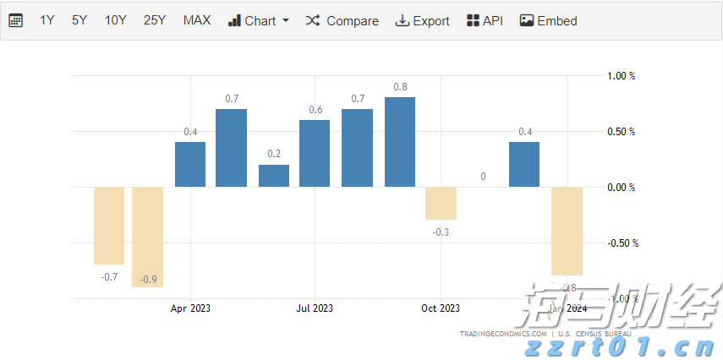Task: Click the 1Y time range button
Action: point(47,20)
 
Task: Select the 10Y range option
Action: point(116,20)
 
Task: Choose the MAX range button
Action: point(197,20)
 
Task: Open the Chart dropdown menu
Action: point(259,20)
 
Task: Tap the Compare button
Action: point(342,20)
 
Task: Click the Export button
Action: point(422,20)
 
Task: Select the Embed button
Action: point(548,20)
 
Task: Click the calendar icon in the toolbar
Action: point(16,20)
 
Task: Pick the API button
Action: point(485,20)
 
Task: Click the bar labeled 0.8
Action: point(400,142)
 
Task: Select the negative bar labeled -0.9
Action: point(147,237)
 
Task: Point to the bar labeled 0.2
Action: point(274,176)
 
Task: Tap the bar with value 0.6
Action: point(315,153)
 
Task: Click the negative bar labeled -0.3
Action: point(441,203)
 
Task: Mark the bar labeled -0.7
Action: point(109,226)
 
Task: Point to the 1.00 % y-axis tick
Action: point(621,76)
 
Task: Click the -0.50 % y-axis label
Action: point(622,243)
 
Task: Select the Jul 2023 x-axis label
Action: point(315,308)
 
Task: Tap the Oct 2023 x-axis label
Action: point(441,308)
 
